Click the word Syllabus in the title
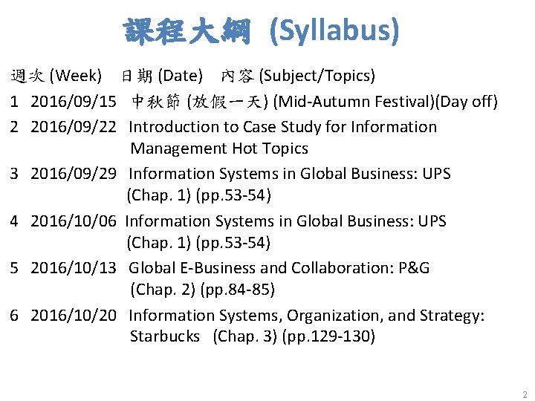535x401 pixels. pyautogui.click(x=334, y=31)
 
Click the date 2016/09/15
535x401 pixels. pyautogui.click(x=73, y=101)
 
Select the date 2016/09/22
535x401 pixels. pyautogui.click(x=73, y=127)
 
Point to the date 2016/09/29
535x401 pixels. pyautogui.click(x=73, y=174)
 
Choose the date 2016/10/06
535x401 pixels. pyautogui.click(x=73, y=221)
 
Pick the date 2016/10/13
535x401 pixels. pyautogui.click(x=73, y=268)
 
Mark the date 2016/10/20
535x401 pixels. pyautogui.click(x=73, y=316)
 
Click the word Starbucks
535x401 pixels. pyautogui.click(x=164, y=336)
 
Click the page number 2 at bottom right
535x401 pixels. pyautogui.click(x=525, y=394)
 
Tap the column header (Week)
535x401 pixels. pyautogui.click(x=74, y=75)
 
